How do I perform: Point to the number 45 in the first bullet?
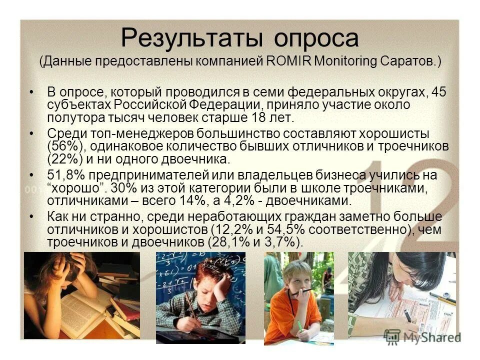coord(438,92)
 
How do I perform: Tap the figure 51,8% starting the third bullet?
coord(64,175)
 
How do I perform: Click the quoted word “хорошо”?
coord(70,188)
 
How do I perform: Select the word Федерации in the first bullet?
coord(221,105)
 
